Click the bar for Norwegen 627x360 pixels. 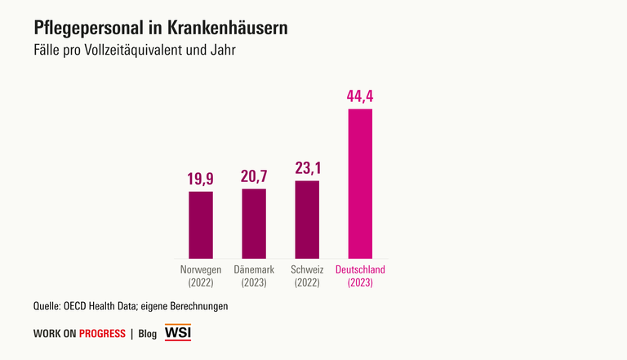(x=201, y=225)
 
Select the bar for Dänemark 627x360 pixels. (x=254, y=224)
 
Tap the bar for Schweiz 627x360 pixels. (x=307, y=220)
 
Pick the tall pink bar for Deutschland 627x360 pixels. (x=360, y=184)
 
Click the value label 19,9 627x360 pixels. (x=201, y=178)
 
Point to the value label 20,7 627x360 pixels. (x=254, y=175)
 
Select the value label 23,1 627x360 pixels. (x=307, y=167)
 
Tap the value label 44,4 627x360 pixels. (x=360, y=96)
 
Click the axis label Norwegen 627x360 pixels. (x=201, y=270)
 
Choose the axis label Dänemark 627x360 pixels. (x=254, y=270)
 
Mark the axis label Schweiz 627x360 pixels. (x=307, y=270)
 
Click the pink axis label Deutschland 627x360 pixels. (x=360, y=270)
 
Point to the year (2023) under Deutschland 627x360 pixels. (x=360, y=283)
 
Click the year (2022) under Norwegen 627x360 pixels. (x=201, y=283)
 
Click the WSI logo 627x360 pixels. (x=178, y=333)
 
